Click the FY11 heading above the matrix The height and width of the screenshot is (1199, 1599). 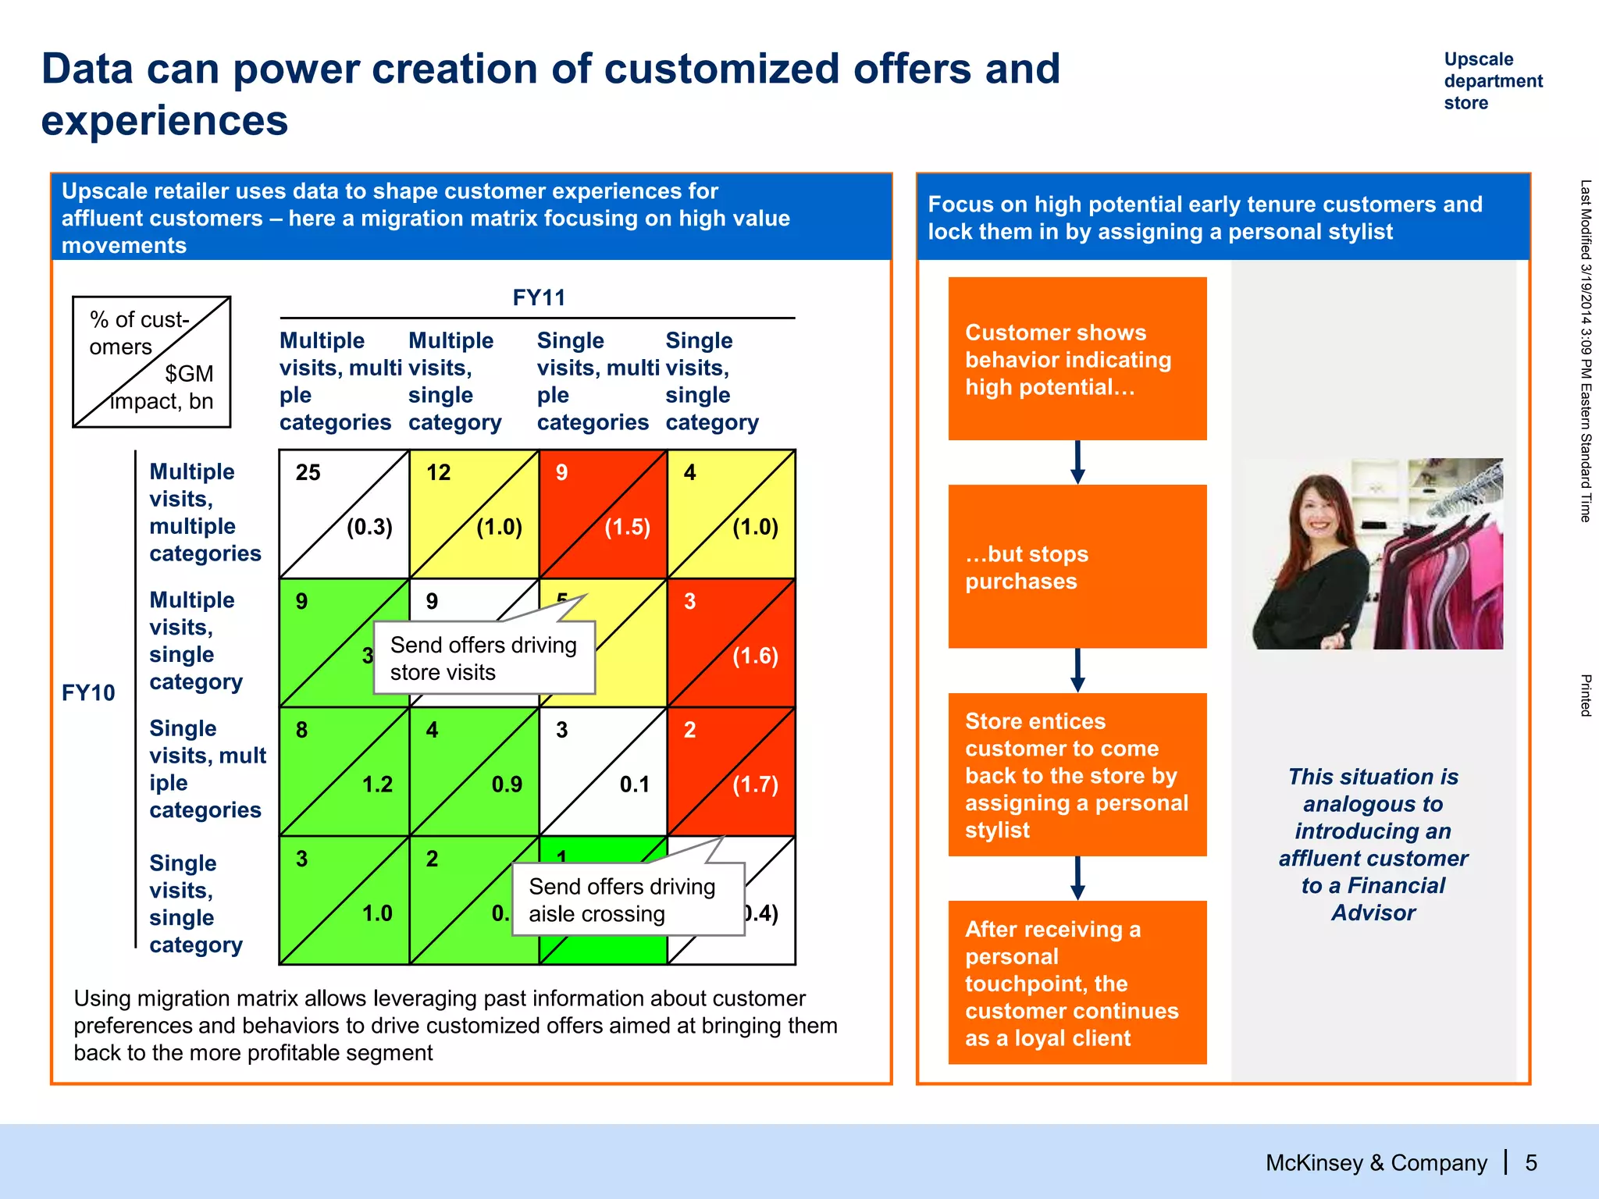[x=538, y=297]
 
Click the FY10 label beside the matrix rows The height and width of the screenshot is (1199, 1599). [x=88, y=692]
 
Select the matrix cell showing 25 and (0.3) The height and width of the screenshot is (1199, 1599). [x=344, y=514]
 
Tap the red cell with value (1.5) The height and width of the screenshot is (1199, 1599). [x=603, y=514]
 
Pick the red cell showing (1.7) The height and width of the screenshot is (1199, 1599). [x=732, y=771]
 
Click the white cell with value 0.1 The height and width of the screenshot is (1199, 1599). [x=603, y=771]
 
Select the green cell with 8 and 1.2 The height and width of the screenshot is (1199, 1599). [x=344, y=771]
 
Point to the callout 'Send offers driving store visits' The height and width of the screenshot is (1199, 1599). [x=483, y=658]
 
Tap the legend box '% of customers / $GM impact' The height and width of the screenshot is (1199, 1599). [x=151, y=361]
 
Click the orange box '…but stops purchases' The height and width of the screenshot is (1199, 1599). [x=1077, y=567]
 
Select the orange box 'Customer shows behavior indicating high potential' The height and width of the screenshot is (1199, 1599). [x=1077, y=359]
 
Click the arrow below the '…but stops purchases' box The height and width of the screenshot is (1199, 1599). [x=1077, y=670]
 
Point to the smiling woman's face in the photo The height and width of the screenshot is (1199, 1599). [x=1319, y=510]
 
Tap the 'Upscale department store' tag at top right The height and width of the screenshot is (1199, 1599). [x=1492, y=81]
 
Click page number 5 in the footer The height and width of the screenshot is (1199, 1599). [x=1531, y=1163]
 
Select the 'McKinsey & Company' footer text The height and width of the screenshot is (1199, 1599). [x=1376, y=1163]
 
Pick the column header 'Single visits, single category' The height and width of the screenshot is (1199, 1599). [x=710, y=381]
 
